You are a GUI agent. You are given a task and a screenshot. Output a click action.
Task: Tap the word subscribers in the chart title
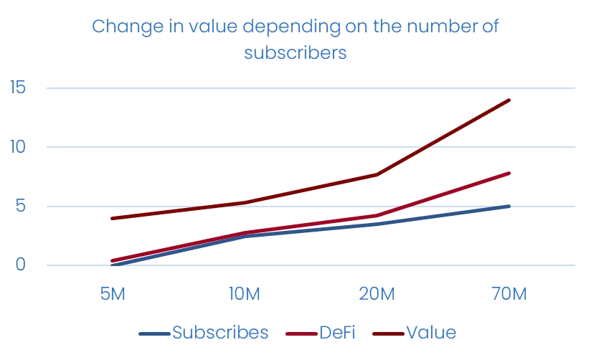coord(295,53)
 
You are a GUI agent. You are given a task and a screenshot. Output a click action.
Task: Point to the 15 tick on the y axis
coord(17,88)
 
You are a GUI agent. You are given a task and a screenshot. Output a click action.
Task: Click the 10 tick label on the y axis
coord(17,147)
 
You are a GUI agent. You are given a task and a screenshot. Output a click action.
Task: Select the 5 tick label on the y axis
coord(20,207)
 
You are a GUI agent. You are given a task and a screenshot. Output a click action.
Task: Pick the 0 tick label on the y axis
coord(20,265)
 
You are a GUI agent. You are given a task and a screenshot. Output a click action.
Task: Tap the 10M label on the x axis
coord(244,294)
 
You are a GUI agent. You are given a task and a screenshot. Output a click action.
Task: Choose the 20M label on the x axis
coord(377,294)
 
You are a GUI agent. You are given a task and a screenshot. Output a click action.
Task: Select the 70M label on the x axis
coord(509,294)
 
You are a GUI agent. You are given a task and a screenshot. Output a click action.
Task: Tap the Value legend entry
coord(430,333)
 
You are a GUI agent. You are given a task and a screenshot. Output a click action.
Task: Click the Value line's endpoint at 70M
coord(509,100)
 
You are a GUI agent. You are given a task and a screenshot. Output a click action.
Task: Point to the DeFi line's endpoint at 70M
coord(509,173)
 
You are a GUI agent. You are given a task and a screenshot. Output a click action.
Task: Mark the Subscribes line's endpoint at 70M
coord(509,206)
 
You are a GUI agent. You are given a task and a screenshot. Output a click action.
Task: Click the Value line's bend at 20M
coord(377,174)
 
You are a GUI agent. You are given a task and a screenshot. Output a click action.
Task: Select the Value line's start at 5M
coord(112,218)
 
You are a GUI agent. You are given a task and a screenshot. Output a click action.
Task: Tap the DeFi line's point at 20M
coord(377,215)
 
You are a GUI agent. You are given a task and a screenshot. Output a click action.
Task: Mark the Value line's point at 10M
coord(244,202)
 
